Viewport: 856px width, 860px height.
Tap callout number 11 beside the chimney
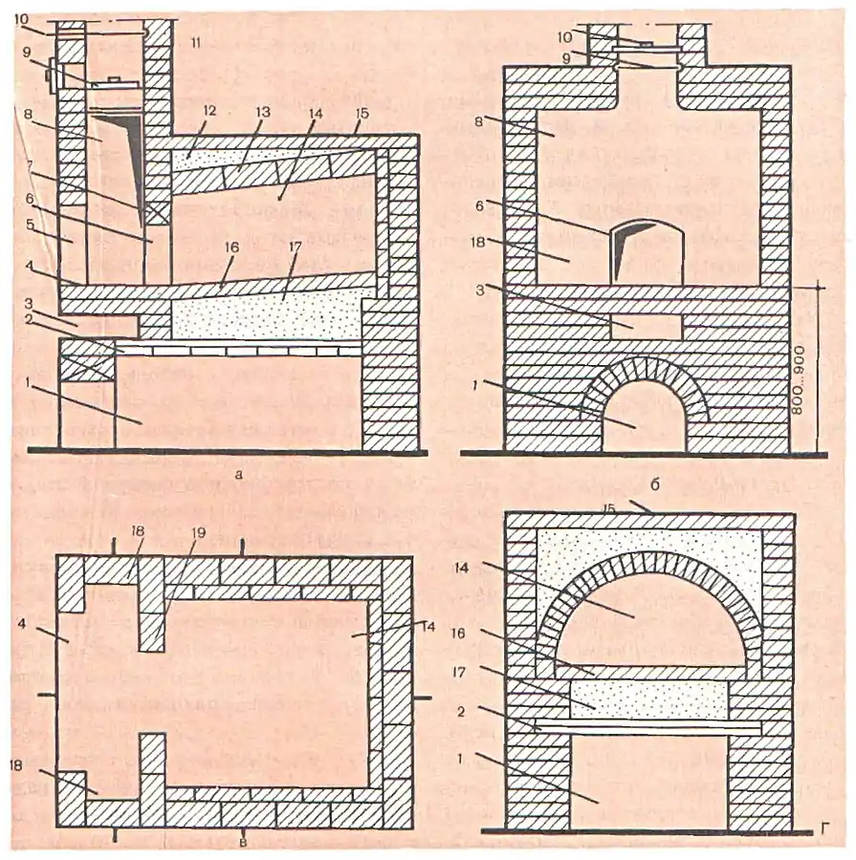point(195,43)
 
